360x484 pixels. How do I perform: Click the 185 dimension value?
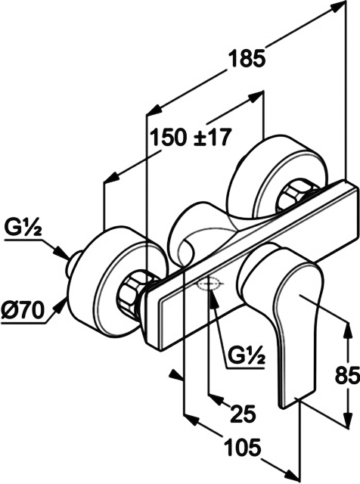(x=247, y=58)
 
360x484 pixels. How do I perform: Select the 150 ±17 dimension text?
(x=190, y=138)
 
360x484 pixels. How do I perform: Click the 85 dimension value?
(x=347, y=374)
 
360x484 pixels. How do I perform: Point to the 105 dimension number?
(x=242, y=448)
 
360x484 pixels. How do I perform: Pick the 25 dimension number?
(x=244, y=414)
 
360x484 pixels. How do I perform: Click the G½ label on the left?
(x=23, y=228)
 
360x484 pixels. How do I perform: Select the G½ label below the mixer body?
(x=247, y=356)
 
